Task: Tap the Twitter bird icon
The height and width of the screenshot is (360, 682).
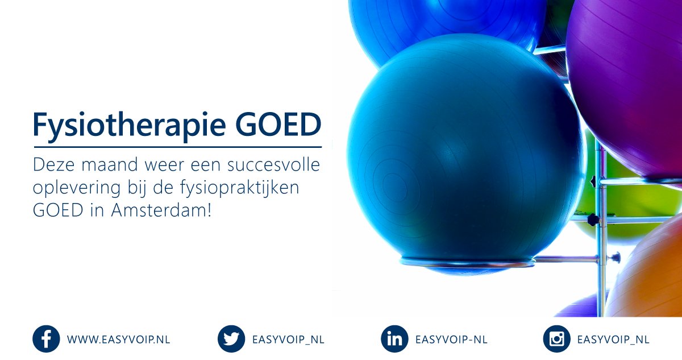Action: (231, 340)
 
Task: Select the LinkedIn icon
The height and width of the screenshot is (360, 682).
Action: (394, 340)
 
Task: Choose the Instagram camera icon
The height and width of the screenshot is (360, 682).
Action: (556, 340)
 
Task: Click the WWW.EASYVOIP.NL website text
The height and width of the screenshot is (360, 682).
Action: (118, 340)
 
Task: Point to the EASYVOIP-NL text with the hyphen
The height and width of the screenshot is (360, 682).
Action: (451, 340)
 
